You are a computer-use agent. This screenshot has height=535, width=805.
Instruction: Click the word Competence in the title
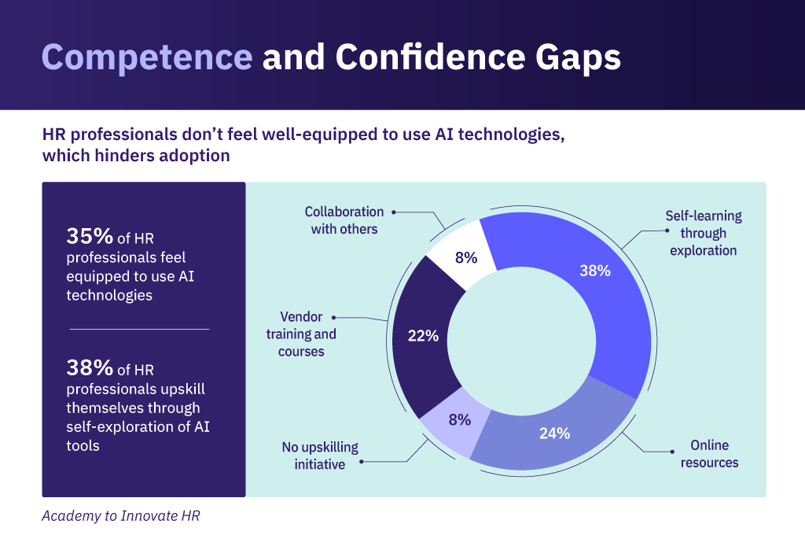(146, 58)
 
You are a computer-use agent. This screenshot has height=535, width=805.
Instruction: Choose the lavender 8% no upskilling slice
(451, 425)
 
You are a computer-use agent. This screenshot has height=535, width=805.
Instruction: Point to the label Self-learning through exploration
(704, 233)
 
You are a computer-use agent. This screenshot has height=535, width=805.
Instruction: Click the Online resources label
(709, 454)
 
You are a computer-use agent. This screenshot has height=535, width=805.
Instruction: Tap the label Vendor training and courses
(301, 334)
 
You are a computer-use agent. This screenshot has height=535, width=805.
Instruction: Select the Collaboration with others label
(344, 220)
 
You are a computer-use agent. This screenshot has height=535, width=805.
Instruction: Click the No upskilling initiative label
(320, 456)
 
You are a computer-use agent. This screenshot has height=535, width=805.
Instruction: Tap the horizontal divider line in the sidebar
(139, 329)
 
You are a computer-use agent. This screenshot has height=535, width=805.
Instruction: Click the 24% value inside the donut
(555, 433)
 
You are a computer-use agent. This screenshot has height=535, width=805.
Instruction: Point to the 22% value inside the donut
(423, 336)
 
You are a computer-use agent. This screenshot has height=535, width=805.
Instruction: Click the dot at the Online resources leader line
(672, 452)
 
